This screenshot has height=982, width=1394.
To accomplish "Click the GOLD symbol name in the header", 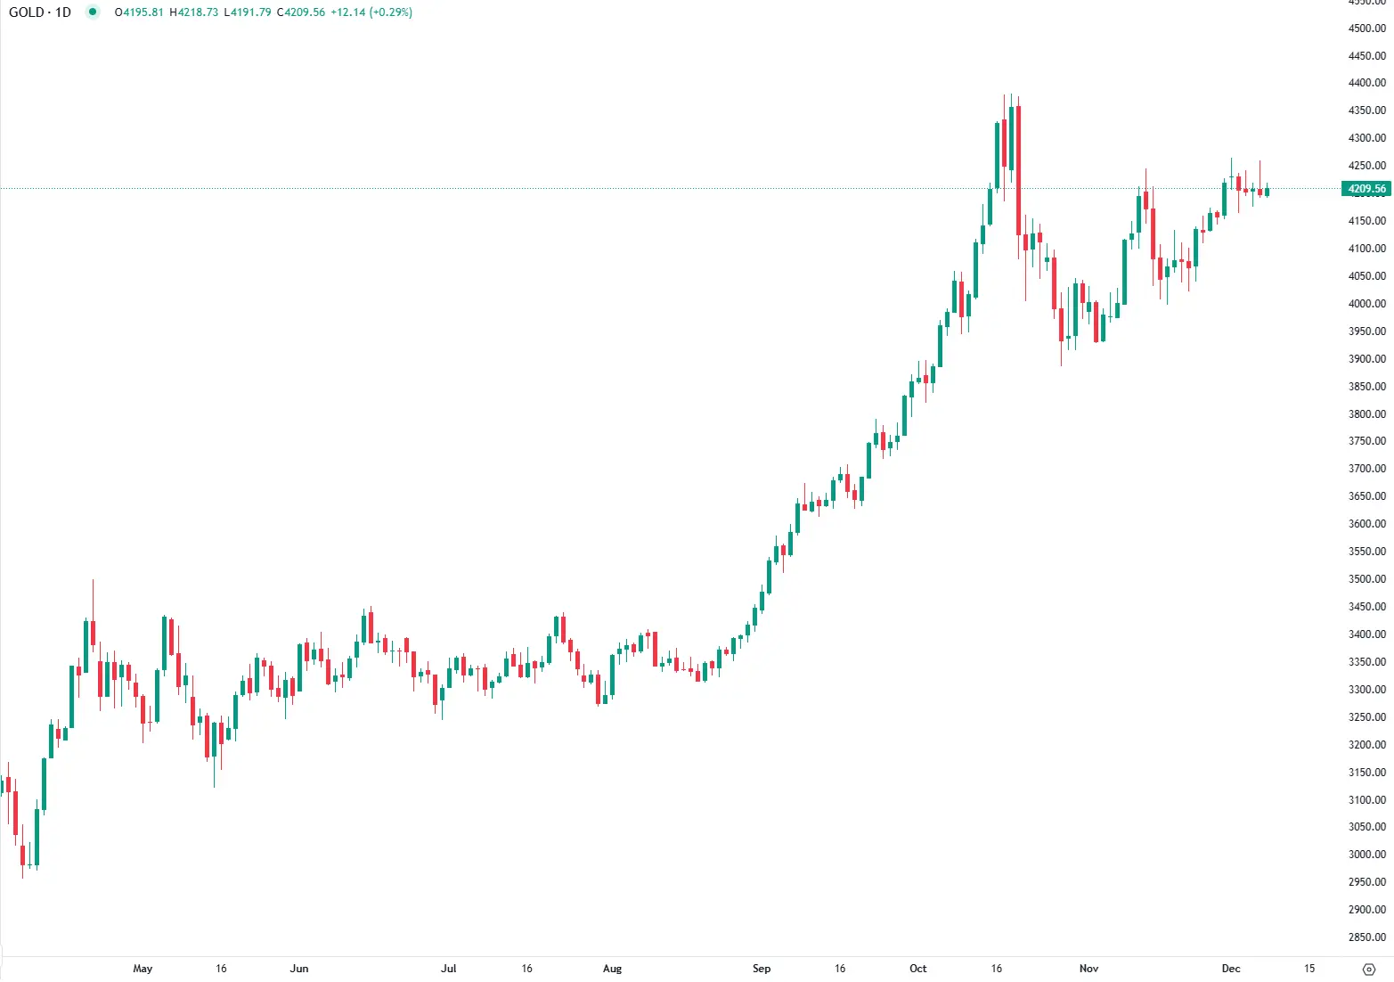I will click(26, 12).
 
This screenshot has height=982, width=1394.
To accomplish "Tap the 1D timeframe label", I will click(63, 12).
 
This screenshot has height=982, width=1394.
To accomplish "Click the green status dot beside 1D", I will click(93, 12).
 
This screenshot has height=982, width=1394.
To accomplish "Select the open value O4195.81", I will click(139, 12).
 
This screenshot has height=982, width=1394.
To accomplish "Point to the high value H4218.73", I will click(194, 12).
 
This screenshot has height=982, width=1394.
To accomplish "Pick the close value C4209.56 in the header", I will click(301, 12).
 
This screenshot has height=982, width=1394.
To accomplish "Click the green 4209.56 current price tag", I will click(1366, 189).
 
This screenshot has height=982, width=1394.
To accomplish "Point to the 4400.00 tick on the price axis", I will click(1367, 83).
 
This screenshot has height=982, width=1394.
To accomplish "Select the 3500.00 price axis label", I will click(1367, 579).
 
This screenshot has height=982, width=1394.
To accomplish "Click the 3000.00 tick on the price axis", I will click(1367, 855).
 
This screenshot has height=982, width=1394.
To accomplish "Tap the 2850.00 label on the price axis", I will click(1367, 937).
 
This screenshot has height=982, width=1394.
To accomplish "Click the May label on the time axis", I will click(143, 969).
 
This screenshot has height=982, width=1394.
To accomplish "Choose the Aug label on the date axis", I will click(613, 969).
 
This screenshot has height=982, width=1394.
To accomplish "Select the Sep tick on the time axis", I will click(762, 969).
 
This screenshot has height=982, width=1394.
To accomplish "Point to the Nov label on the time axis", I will click(1088, 969).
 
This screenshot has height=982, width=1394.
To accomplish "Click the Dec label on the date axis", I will click(1231, 969).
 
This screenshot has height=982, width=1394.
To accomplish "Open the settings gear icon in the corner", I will click(1370, 969).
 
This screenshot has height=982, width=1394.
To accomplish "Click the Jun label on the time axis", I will click(299, 969).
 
